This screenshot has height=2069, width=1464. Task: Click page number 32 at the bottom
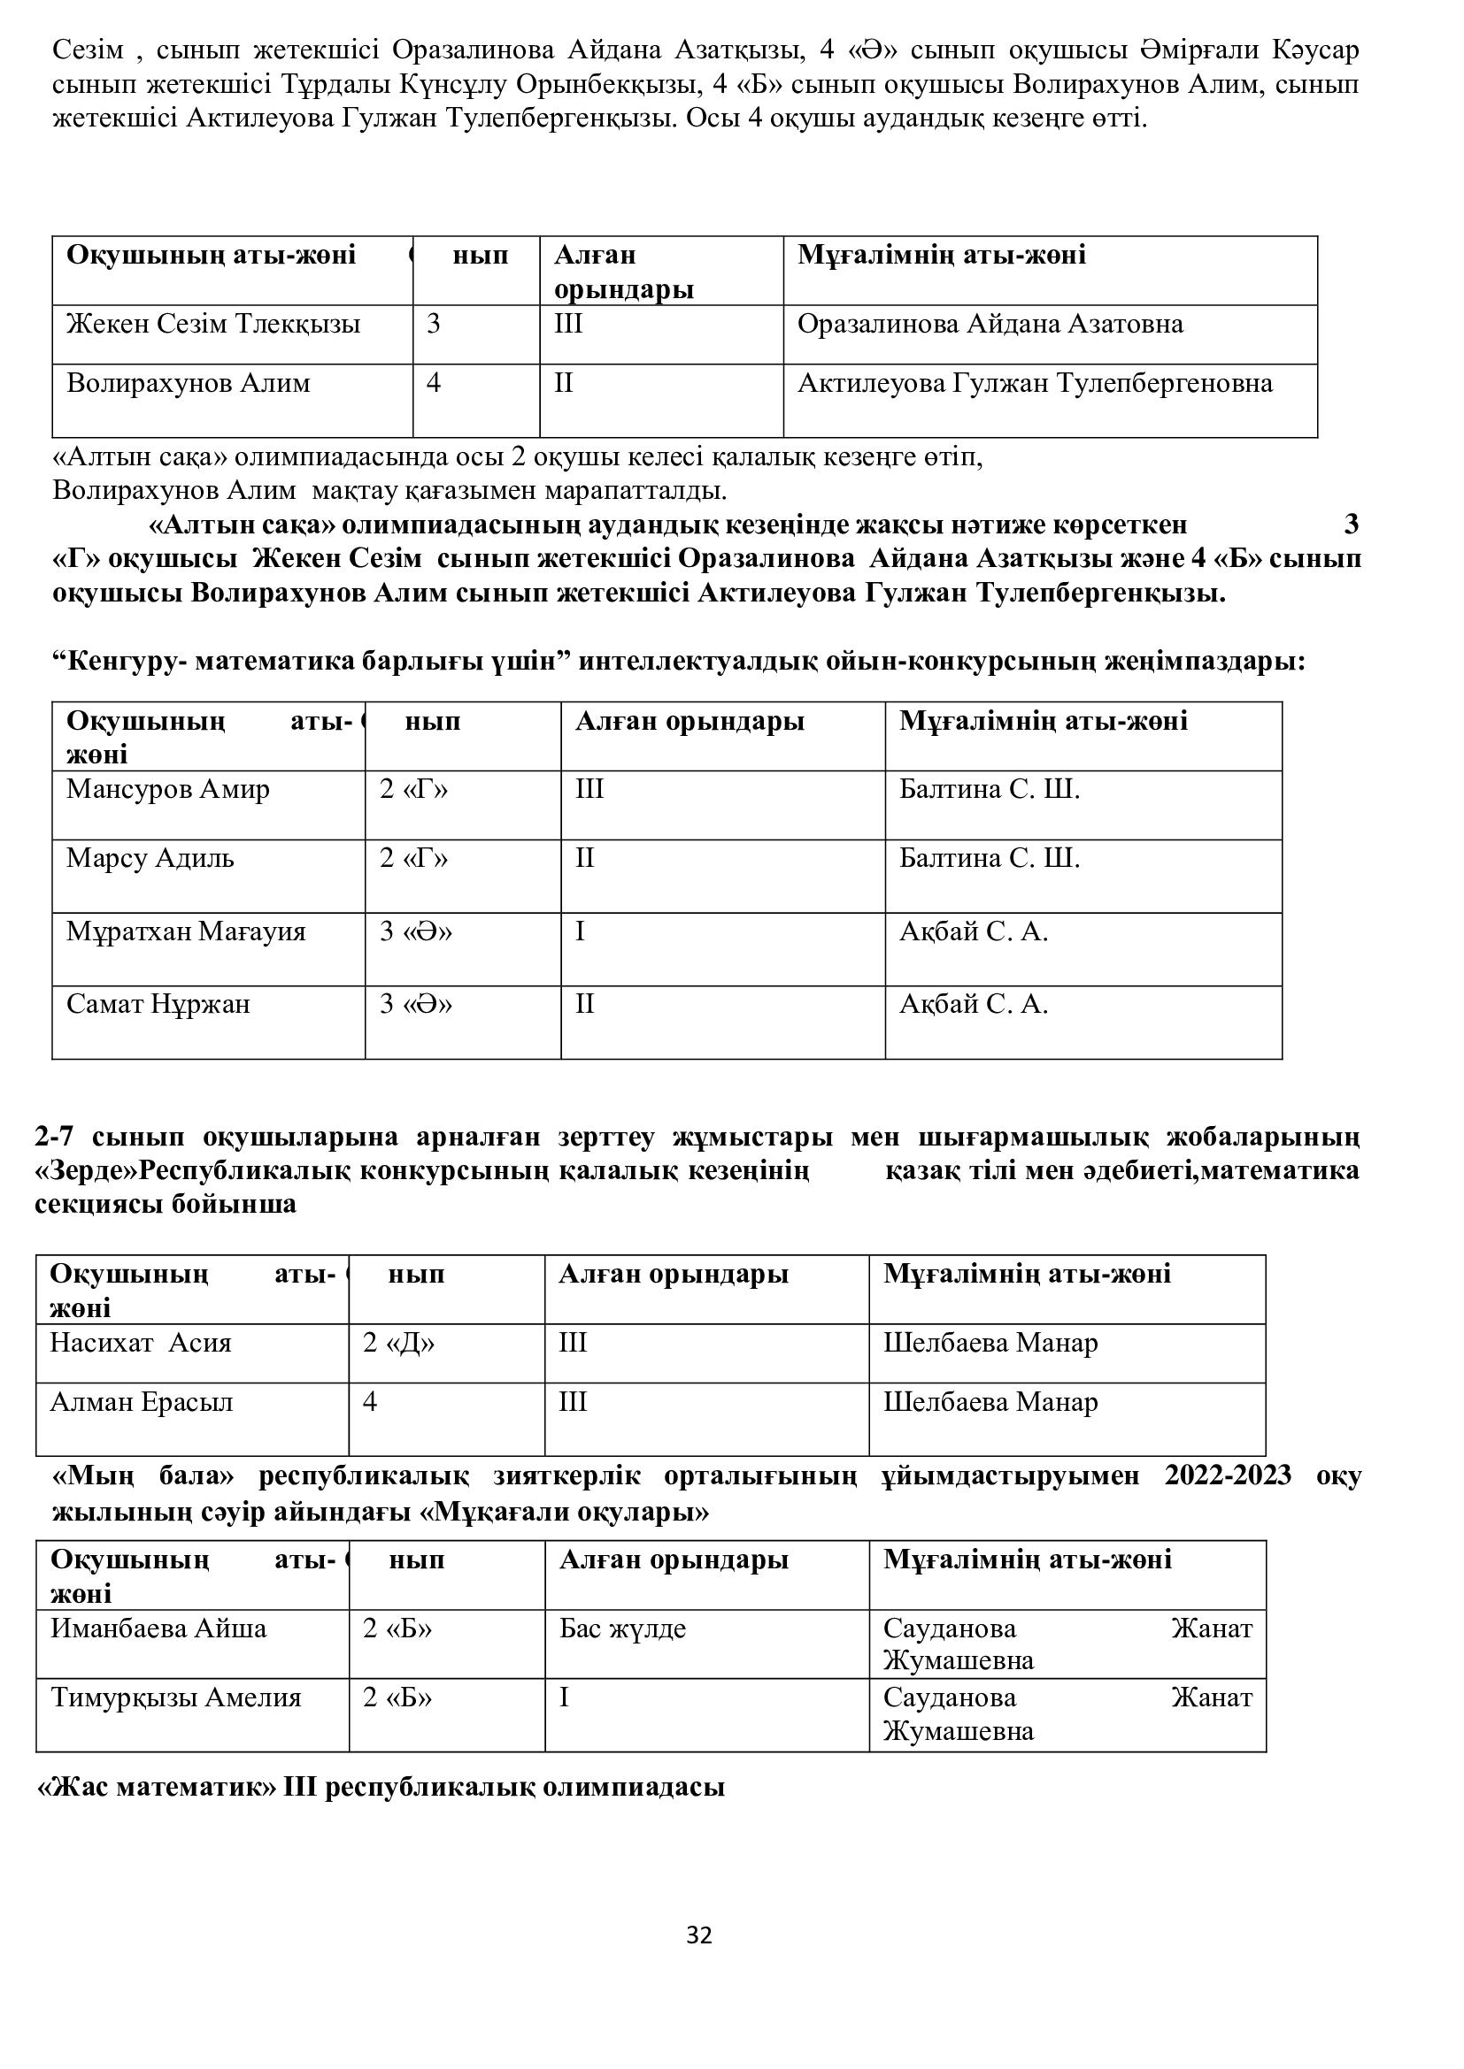coord(698,1935)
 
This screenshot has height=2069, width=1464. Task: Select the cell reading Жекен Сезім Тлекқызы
coord(212,325)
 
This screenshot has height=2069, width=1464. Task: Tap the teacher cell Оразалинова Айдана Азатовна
coord(990,325)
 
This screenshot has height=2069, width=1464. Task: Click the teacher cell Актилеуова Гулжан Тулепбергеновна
coord(1035,384)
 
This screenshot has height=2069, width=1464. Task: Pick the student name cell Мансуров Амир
coord(167,789)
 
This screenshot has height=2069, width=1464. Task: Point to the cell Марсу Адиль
coord(150,858)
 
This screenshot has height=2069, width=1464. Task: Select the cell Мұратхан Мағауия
coord(186,931)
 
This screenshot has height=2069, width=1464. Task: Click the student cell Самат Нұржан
coord(158,1004)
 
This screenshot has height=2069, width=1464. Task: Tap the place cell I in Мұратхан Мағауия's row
coord(581,931)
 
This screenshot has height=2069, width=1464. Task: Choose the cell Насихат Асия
coord(141,1343)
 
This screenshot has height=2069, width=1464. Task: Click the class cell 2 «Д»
coord(398,1343)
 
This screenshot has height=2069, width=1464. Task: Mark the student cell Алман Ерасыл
coord(142,1402)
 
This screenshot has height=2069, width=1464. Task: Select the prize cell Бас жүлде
coord(623,1628)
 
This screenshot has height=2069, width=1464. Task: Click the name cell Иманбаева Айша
coord(158,1628)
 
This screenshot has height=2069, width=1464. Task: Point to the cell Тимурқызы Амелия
coord(176,1697)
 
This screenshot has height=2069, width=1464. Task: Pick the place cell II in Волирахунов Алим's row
coord(564,384)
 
